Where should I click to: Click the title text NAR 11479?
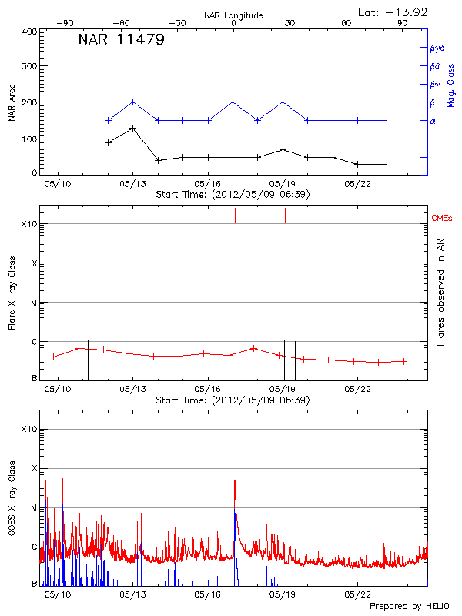(x=121, y=40)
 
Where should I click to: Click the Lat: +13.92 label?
(x=393, y=12)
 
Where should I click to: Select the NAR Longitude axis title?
(x=233, y=15)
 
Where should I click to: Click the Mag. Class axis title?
(x=450, y=85)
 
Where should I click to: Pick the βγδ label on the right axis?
(x=436, y=47)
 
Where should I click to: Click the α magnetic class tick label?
(x=433, y=121)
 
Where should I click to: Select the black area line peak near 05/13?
(x=133, y=128)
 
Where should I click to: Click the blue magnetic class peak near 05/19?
(x=283, y=102)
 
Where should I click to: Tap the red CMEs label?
(x=443, y=219)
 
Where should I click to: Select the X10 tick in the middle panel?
(x=29, y=224)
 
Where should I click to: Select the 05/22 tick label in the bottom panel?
(x=358, y=595)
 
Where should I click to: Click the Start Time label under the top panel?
(x=233, y=195)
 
